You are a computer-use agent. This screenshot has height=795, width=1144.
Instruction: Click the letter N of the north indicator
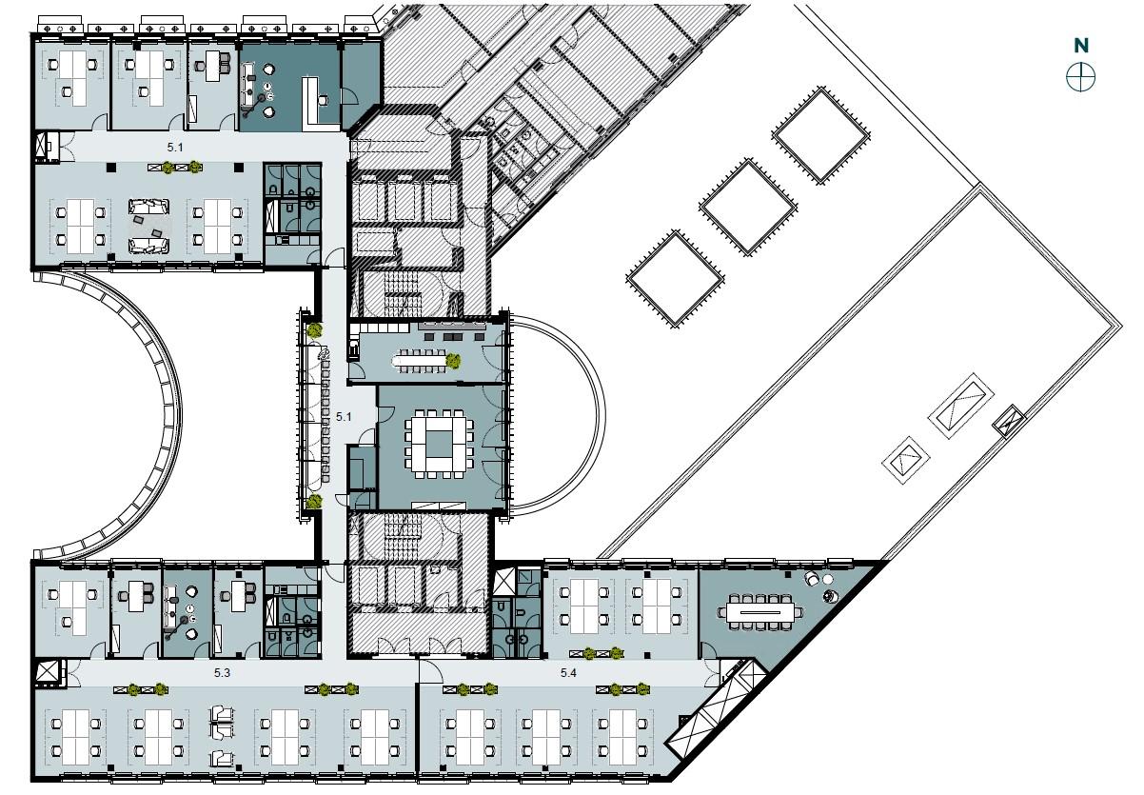pos(1081,46)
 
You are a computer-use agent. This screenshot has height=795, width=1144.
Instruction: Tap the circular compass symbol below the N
pos(1080,78)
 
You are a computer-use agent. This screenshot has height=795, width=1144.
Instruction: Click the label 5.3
pos(222,673)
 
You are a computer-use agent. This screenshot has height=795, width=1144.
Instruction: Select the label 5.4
pos(568,673)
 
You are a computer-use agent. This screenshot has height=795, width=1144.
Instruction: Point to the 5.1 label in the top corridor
pos(175,148)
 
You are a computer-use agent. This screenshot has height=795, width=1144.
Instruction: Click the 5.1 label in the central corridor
pos(344,417)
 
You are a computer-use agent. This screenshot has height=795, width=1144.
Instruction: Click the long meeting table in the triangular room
pos(759,612)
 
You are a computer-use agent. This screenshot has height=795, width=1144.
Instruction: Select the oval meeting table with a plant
pos(422,361)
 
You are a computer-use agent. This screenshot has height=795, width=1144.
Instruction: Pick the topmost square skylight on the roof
pos(820,135)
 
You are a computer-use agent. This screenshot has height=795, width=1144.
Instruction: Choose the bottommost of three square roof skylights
pos(675,279)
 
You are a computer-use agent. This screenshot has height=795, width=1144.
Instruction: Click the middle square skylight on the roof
pos(748,207)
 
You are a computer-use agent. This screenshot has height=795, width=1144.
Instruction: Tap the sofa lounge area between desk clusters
pos(148,226)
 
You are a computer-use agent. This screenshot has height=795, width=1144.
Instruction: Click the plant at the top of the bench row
pos(315,330)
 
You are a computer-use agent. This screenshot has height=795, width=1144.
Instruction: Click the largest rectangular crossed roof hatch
pos(960,406)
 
